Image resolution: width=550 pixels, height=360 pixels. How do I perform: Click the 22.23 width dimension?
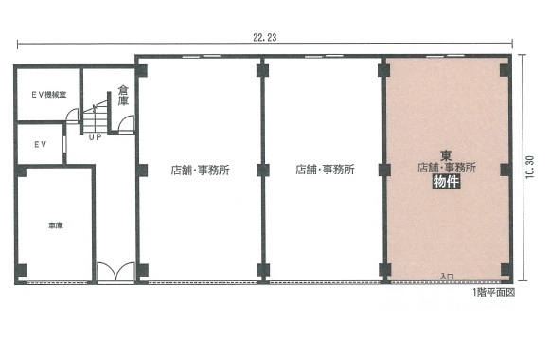tap(265, 37)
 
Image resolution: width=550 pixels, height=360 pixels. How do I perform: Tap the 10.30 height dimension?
tap(530, 167)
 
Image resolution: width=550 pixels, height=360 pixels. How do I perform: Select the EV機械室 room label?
tap(49, 95)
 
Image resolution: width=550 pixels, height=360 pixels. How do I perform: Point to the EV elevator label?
tap(41, 144)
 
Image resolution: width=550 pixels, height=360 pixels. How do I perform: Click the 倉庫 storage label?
tap(123, 95)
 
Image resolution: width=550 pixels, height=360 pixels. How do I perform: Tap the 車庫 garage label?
tap(56, 226)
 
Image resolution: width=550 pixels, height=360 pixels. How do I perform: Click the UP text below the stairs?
tap(95, 137)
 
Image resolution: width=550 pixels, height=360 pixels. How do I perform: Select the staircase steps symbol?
tap(95, 117)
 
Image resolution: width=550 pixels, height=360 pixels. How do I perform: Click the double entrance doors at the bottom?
tap(115, 271)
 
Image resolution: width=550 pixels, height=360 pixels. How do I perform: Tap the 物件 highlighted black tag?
tap(446, 182)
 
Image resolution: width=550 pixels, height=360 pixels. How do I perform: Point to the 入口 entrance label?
tap(447, 277)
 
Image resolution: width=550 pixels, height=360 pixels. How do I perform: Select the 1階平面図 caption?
tap(494, 292)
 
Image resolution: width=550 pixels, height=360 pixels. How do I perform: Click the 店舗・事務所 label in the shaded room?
tap(447, 168)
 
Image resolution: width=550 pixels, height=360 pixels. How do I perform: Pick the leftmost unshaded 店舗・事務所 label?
tap(201, 171)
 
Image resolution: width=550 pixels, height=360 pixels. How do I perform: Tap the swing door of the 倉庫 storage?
tap(126, 123)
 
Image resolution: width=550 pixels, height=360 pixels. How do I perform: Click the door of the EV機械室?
tap(73, 116)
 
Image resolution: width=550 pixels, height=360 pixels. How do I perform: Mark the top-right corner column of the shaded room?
tap(506, 70)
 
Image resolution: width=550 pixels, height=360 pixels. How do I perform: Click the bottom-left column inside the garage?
tap(21, 270)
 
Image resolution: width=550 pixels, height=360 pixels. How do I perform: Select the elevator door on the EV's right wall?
tap(64, 144)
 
